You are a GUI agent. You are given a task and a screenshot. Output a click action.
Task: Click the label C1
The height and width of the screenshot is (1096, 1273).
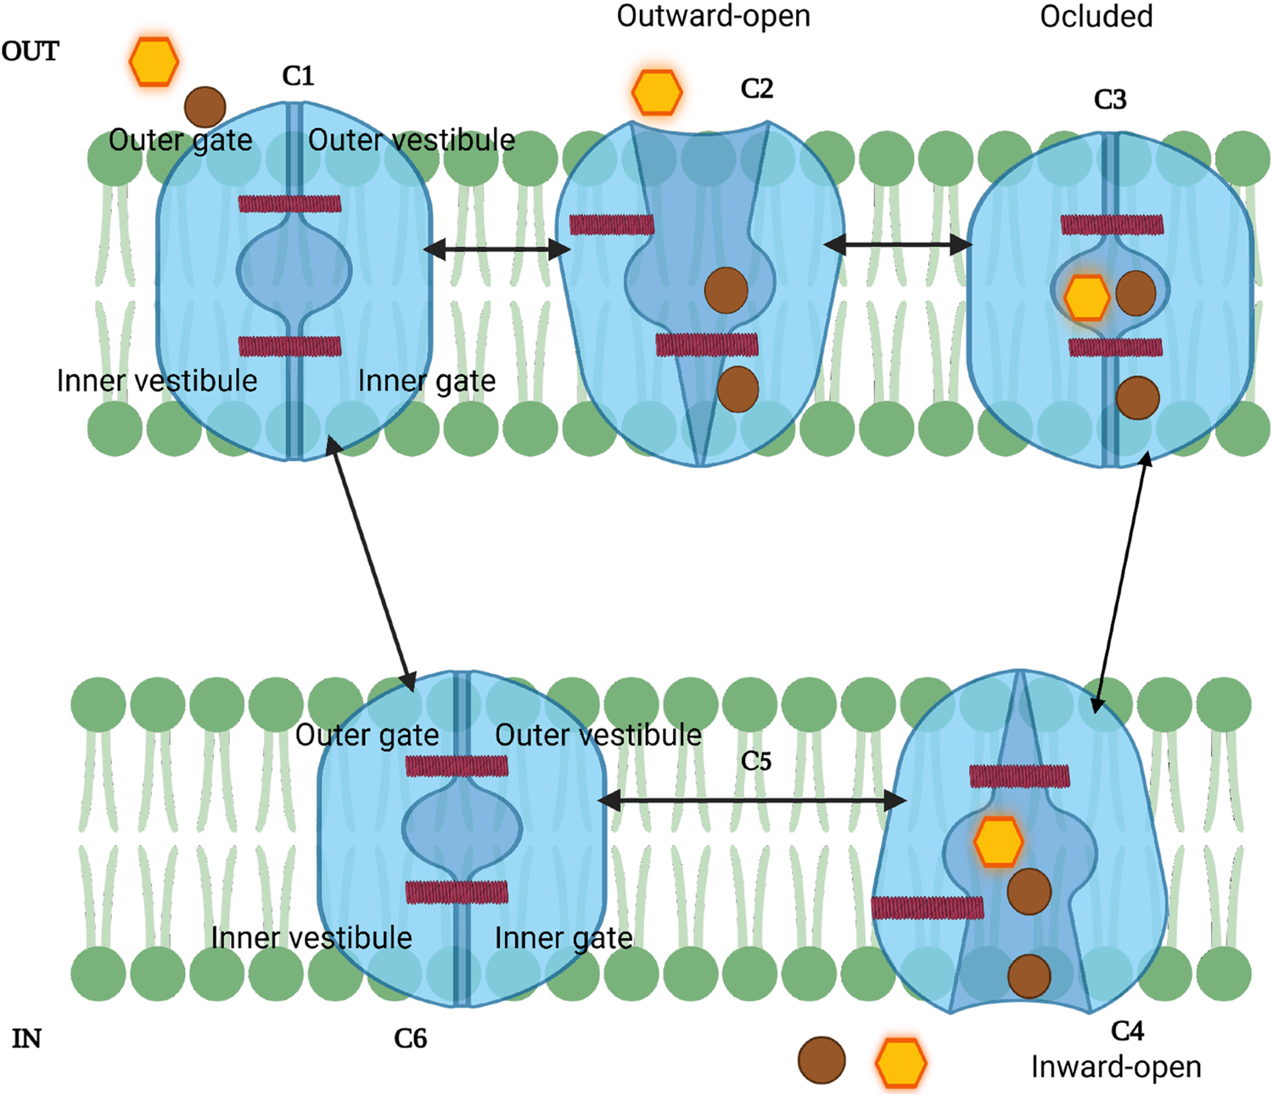(x=298, y=76)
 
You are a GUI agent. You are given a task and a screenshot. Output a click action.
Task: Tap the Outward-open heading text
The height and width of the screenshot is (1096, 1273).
(x=713, y=16)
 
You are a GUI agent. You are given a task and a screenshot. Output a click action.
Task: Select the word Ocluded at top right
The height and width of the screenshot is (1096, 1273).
(x=1096, y=16)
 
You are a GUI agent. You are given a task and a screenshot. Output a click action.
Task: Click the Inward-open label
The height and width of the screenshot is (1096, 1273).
(x=1115, y=1066)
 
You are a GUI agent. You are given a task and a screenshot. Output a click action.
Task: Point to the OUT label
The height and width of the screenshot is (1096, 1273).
(x=31, y=52)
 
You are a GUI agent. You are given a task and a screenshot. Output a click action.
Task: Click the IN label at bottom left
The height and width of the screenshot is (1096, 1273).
(x=26, y=1038)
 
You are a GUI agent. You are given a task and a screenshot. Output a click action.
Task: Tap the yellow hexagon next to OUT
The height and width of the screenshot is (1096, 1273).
(x=154, y=61)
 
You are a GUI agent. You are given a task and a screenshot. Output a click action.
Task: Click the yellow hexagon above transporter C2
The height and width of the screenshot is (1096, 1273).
(x=657, y=93)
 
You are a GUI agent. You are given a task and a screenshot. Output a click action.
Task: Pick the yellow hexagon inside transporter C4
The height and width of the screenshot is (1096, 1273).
(x=998, y=841)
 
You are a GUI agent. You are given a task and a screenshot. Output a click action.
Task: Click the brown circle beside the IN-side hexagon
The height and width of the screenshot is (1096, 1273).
(x=822, y=1060)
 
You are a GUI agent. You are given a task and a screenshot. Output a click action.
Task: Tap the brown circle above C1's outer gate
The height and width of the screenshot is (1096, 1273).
(x=205, y=107)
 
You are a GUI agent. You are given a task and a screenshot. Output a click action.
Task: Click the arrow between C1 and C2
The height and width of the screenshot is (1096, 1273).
(x=497, y=249)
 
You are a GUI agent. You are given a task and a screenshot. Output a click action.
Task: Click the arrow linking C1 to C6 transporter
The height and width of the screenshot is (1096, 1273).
(x=371, y=564)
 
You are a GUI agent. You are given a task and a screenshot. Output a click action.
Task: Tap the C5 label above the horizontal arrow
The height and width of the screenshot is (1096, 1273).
(x=755, y=761)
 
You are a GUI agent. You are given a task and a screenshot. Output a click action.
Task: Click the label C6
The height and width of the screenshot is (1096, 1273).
(x=410, y=1038)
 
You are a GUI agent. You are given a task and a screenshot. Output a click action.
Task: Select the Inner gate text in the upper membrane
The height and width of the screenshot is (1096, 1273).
(x=426, y=381)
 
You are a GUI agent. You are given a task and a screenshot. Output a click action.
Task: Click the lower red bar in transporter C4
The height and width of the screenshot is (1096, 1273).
(x=928, y=908)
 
